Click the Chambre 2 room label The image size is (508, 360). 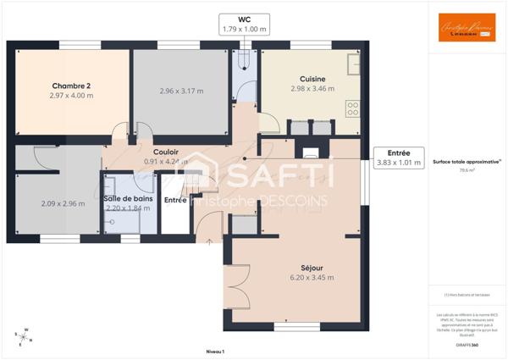tap(71, 86)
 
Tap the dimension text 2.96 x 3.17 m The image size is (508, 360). tap(181, 91)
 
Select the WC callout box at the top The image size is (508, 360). tap(244, 25)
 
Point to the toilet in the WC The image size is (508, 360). tap(244, 57)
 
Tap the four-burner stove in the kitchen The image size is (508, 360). tap(353, 108)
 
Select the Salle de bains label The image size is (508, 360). tap(129, 198)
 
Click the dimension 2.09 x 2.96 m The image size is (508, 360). tap(63, 203)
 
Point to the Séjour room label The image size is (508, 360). tap(312, 267)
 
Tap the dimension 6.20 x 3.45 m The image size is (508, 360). tap(312, 277)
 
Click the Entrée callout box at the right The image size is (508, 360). tap(398, 158)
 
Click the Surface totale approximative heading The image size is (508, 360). tap(467, 161)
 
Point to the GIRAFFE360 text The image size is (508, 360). tap(467, 345)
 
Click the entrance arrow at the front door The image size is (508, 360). tap(208, 241)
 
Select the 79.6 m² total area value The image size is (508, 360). tap(467, 170)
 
